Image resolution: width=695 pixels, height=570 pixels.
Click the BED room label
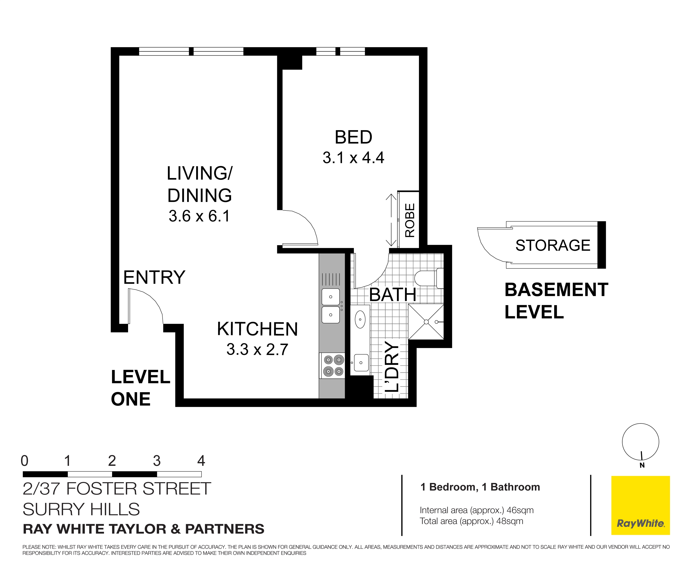pyautogui.click(x=353, y=137)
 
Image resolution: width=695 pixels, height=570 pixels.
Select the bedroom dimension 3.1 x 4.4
pyautogui.click(x=353, y=158)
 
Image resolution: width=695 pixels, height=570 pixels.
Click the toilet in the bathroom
pyautogui.click(x=427, y=278)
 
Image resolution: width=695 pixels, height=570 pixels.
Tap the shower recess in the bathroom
pyautogui.click(x=426, y=322)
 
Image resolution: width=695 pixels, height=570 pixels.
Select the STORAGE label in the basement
pyautogui.click(x=553, y=245)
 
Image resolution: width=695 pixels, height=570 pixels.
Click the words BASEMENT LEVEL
pyautogui.click(x=556, y=301)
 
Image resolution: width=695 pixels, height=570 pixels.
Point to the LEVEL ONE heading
pyautogui.click(x=140, y=388)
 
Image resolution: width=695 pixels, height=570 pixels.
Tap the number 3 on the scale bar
pyautogui.click(x=157, y=461)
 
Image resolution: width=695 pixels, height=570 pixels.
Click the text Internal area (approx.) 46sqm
pyautogui.click(x=476, y=510)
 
